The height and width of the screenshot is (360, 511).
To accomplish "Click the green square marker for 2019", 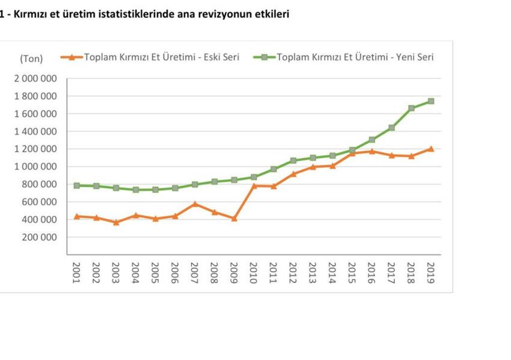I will (430, 101).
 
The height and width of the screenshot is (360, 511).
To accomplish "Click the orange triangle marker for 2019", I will (430, 148).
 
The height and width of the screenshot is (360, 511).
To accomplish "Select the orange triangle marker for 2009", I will (234, 218).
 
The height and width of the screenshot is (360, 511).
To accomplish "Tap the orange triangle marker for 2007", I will (195, 204).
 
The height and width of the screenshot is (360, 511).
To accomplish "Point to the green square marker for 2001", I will (77, 186).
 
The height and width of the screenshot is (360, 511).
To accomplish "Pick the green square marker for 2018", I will (411, 108).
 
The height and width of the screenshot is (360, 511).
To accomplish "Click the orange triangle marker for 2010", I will (254, 186).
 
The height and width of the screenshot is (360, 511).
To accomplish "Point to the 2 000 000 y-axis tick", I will (35, 79).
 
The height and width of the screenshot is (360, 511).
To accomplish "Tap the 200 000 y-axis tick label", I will (39, 237).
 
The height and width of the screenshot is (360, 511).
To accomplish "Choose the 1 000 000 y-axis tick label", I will (35, 166).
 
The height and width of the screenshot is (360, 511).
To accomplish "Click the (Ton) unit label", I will (31, 58).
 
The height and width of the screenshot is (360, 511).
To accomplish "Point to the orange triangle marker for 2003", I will (116, 222).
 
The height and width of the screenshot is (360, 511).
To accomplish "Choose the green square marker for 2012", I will (293, 160).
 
